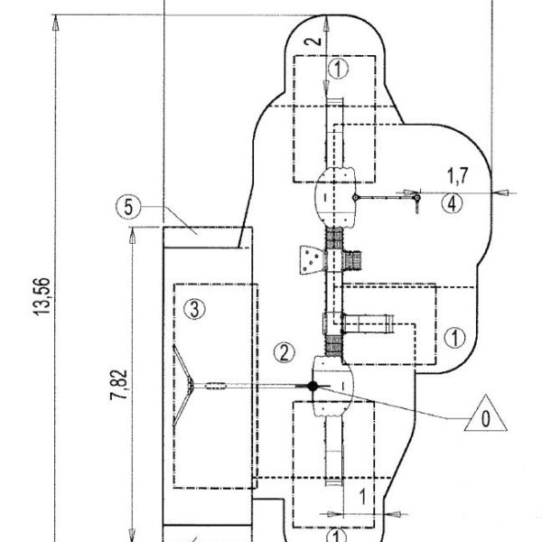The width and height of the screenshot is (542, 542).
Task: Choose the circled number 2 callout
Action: [284, 350]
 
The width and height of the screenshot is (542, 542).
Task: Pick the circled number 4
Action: [453, 204]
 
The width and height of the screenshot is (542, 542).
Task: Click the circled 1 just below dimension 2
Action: [337, 68]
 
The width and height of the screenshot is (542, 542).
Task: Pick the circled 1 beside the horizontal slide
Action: [455, 338]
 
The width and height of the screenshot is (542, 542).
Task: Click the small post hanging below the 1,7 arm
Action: [416, 203]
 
